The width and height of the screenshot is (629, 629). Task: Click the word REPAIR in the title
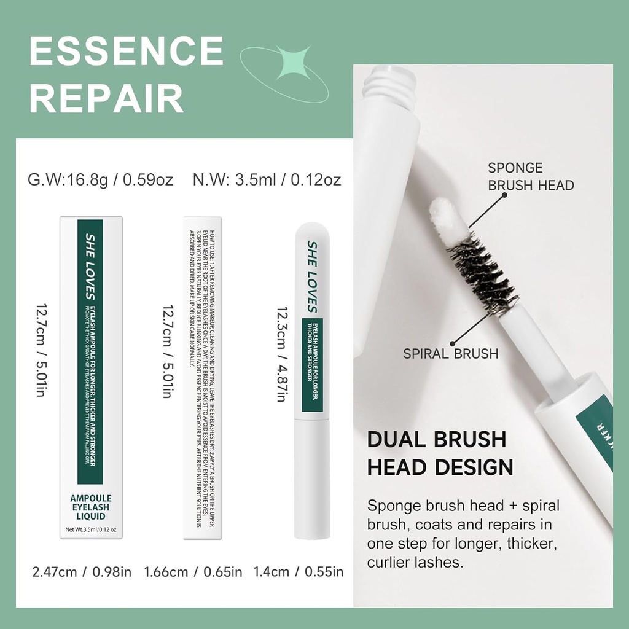click(107, 97)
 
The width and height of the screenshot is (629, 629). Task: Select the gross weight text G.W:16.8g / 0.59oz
click(101, 180)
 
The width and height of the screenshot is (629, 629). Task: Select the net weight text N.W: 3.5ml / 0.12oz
click(267, 180)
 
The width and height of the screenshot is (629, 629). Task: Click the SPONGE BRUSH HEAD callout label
click(531, 176)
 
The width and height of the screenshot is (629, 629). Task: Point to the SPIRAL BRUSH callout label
click(451, 353)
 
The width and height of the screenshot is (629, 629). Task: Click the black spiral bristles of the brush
click(483, 271)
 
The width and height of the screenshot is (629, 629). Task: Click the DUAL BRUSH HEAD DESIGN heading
click(440, 453)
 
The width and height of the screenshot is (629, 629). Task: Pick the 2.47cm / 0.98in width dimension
click(82, 572)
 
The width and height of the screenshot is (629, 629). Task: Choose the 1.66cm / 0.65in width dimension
click(193, 572)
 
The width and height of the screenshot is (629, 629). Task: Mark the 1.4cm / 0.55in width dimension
click(299, 572)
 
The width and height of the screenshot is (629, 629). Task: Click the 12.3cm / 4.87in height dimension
click(283, 355)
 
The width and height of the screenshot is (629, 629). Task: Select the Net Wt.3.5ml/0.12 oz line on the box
click(91, 529)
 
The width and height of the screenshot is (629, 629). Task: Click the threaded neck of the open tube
click(387, 83)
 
